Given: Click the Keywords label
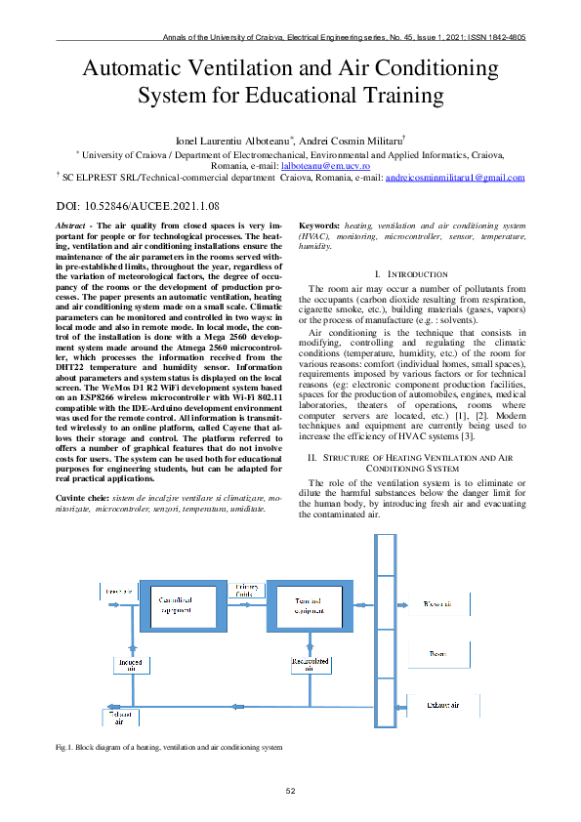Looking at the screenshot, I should pos(318,225).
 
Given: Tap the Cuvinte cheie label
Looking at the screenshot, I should pos(83,497).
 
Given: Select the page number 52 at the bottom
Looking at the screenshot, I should pos(290,790).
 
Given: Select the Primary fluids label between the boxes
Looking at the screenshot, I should pos(246,590).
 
